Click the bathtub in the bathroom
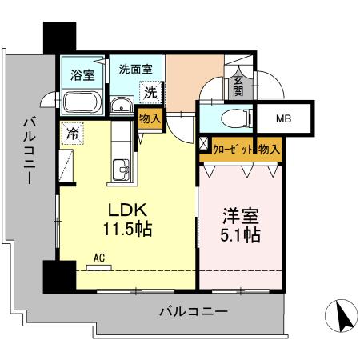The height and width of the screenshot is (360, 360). pos(79,103)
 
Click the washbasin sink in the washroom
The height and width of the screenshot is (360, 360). pos(122,105)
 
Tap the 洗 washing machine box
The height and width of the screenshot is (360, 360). pos(150,91)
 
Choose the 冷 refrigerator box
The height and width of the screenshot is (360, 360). pos(71,134)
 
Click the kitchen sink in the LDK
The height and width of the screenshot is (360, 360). pos(122,169)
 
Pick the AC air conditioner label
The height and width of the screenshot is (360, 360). pos(100,258)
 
